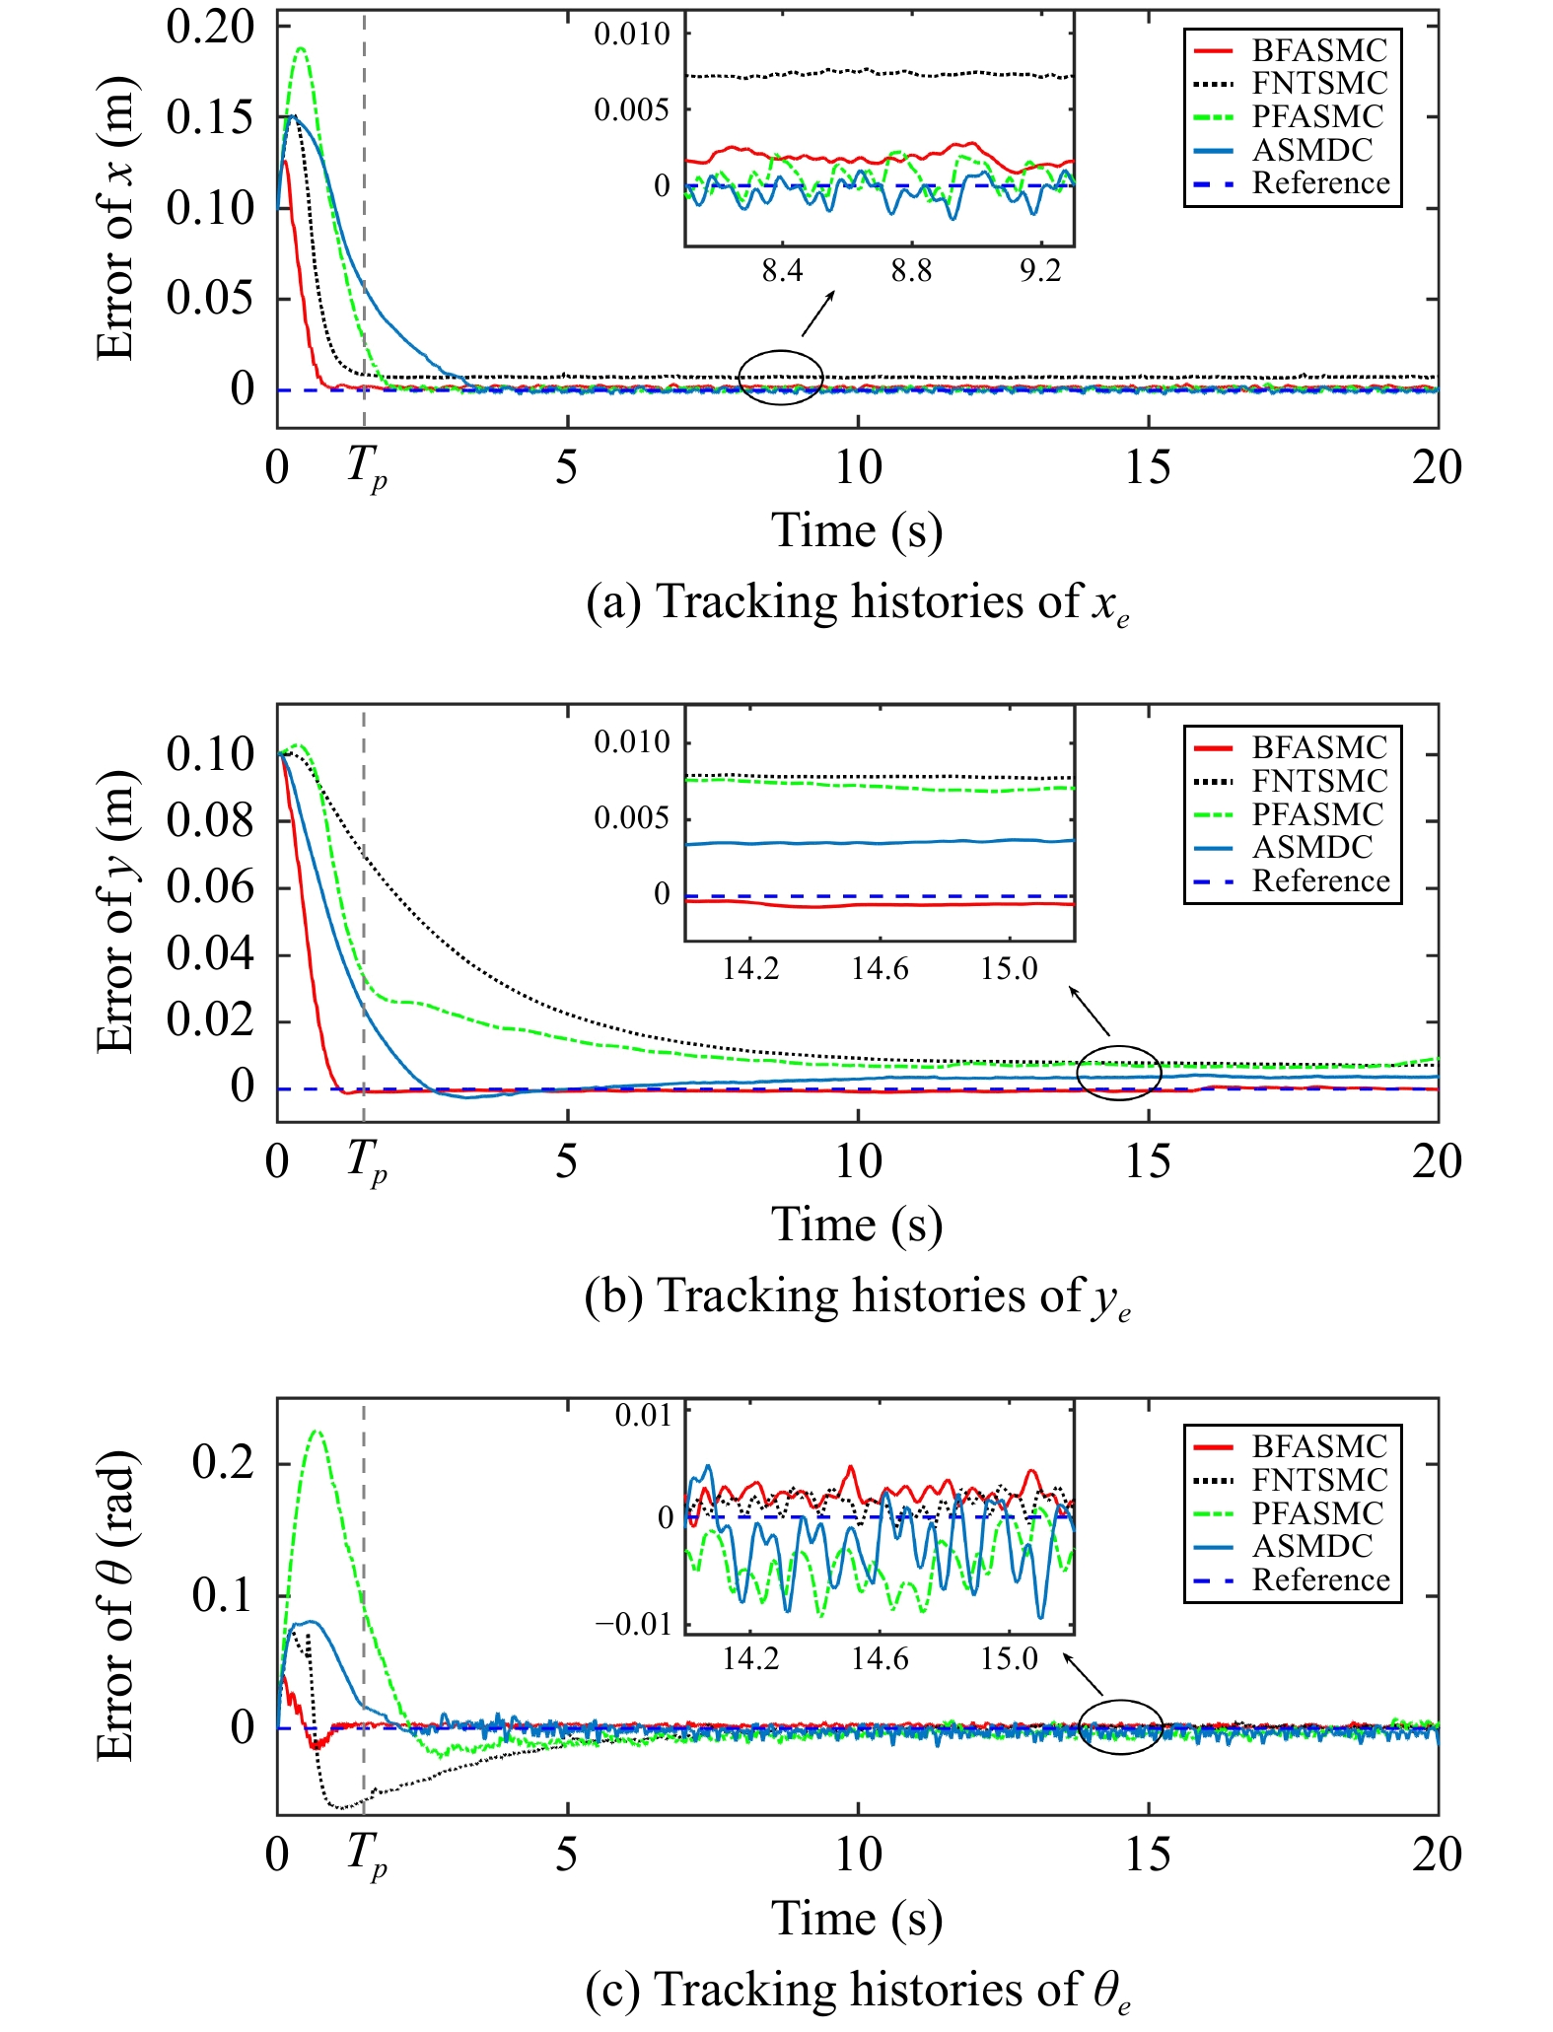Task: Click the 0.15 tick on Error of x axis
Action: pos(209,117)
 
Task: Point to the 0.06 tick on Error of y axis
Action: pos(209,886)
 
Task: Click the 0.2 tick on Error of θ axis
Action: pos(223,1461)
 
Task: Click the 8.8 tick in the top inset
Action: pos(911,271)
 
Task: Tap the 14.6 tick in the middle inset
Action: pos(880,969)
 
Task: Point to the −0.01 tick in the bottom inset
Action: pos(633,1624)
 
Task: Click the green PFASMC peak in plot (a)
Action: pos(301,48)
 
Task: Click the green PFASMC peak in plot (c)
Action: pos(316,1431)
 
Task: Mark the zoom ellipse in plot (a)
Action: pos(780,378)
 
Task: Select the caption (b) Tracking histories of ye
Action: pos(856,1296)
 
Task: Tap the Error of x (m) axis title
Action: pos(114,219)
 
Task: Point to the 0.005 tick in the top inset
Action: pos(631,109)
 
